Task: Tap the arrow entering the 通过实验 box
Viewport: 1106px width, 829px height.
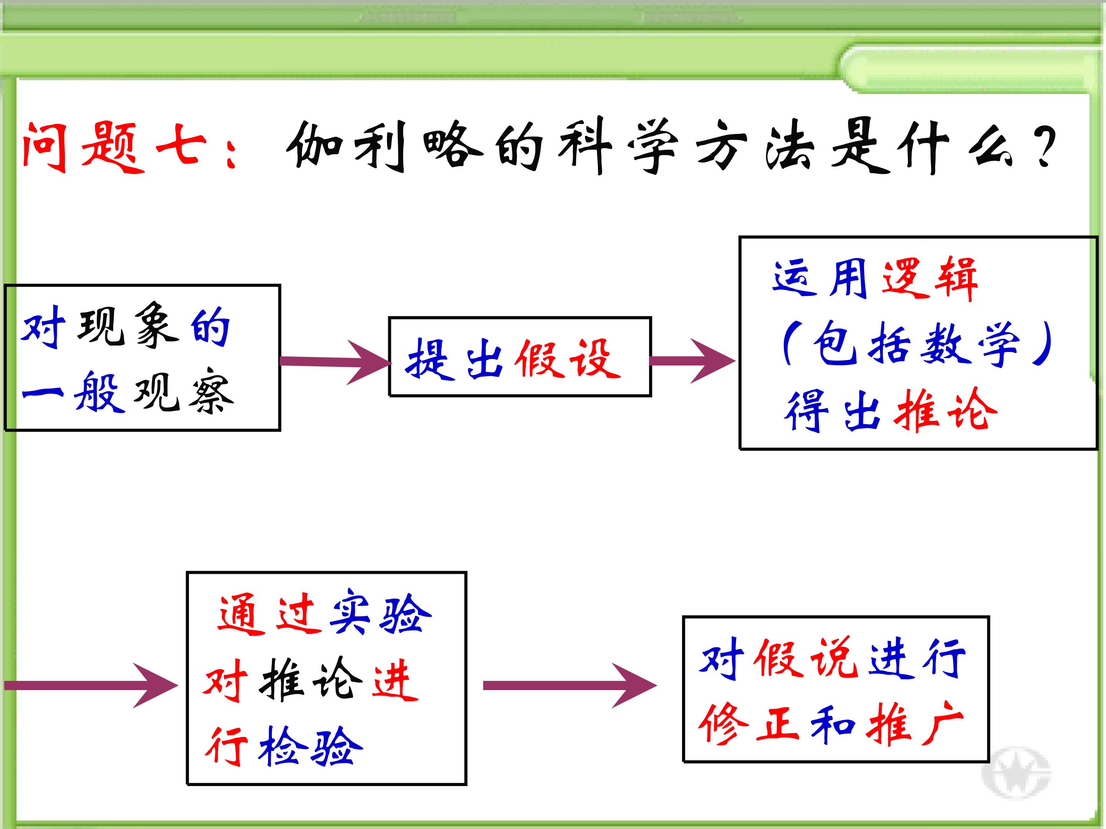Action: pyautogui.click(x=91, y=685)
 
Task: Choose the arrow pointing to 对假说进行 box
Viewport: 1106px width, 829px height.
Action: pyautogui.click(x=570, y=685)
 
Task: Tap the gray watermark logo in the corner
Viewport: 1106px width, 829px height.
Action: pyautogui.click(x=1016, y=773)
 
